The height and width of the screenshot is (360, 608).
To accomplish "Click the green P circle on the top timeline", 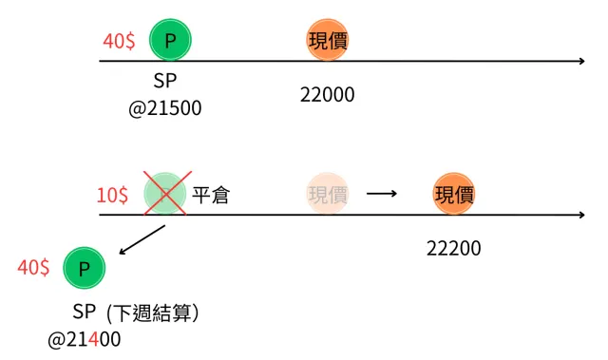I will point(170,40).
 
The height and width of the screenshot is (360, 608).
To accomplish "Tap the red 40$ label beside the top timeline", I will point(119,42).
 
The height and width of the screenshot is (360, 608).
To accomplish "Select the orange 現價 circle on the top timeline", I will point(328,40).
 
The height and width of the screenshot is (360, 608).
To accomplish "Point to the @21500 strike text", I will point(166,107).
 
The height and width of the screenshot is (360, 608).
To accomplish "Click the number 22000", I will point(327,95).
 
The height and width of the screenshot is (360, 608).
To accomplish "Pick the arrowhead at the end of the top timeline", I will point(580,62).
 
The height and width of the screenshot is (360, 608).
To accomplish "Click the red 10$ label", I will point(112,196).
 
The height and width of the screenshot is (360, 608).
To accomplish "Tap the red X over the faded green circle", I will point(165,193).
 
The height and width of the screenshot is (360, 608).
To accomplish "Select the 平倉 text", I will point(211,196).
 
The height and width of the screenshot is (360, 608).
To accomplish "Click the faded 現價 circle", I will point(328,195).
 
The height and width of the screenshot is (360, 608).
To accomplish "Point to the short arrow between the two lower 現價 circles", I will point(381,195).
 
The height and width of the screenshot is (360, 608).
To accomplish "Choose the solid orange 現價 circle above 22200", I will point(454,195).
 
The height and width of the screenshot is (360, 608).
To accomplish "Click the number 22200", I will point(454,248).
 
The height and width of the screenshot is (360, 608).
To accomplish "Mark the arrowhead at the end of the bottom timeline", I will point(580,215).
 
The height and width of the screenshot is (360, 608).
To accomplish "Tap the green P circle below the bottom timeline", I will point(84,269).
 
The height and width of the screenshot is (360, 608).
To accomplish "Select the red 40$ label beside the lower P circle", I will point(33,268).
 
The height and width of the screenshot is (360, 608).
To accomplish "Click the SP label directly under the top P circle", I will point(165,82).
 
